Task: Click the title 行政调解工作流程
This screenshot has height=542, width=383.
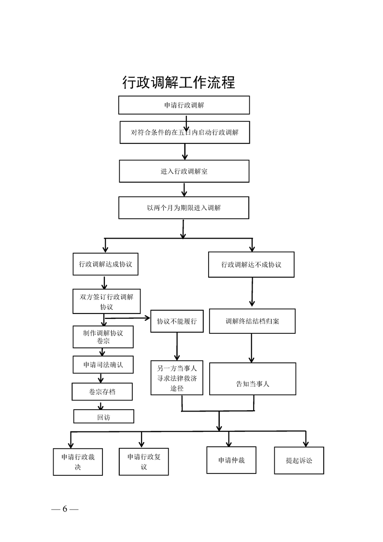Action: [179, 83]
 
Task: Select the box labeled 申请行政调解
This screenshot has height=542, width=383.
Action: [184, 105]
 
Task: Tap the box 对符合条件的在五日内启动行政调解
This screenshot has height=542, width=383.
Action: [185, 132]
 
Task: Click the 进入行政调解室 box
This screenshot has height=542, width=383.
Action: [184, 171]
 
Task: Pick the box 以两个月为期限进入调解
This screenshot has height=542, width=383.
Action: [184, 208]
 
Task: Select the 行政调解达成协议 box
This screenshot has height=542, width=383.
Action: [106, 264]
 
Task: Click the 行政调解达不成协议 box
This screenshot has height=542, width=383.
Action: [251, 265]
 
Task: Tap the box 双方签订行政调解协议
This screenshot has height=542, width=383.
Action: [106, 301]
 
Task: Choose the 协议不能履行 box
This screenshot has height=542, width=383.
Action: [177, 321]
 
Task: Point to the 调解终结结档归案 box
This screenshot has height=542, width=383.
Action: [252, 321]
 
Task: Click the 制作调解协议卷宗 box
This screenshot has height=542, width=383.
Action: [103, 337]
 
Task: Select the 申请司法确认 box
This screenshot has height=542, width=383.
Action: [103, 365]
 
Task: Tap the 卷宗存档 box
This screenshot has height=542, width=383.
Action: [102, 391]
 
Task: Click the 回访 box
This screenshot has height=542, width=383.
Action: [103, 416]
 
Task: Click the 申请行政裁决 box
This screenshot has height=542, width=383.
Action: [78, 461]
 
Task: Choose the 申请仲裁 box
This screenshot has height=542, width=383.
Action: [231, 460]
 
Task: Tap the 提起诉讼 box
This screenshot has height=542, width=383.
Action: [299, 460]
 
